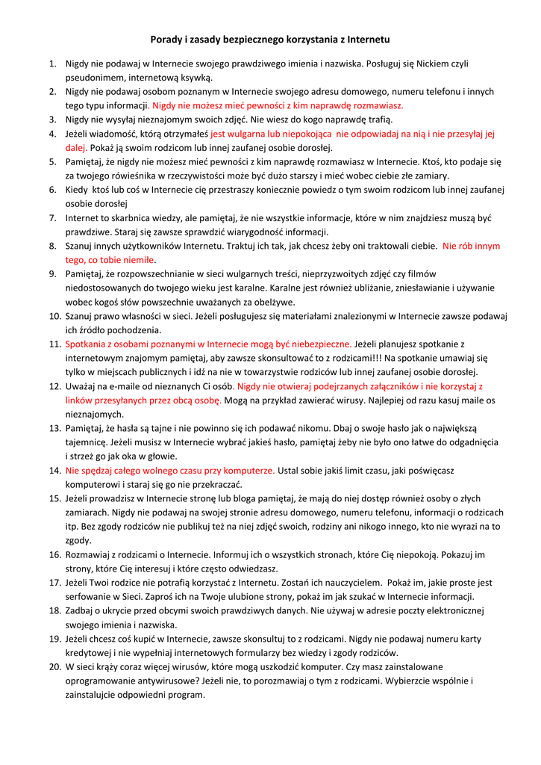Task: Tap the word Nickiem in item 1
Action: click(x=429, y=64)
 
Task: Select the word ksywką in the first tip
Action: click(x=197, y=77)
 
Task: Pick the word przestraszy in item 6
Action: click(x=203, y=190)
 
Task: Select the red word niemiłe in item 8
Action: click(x=135, y=260)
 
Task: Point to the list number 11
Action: click(x=54, y=344)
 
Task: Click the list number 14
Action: click(x=54, y=471)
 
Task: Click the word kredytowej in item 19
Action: click(x=90, y=653)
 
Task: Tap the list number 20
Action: click(x=54, y=667)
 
